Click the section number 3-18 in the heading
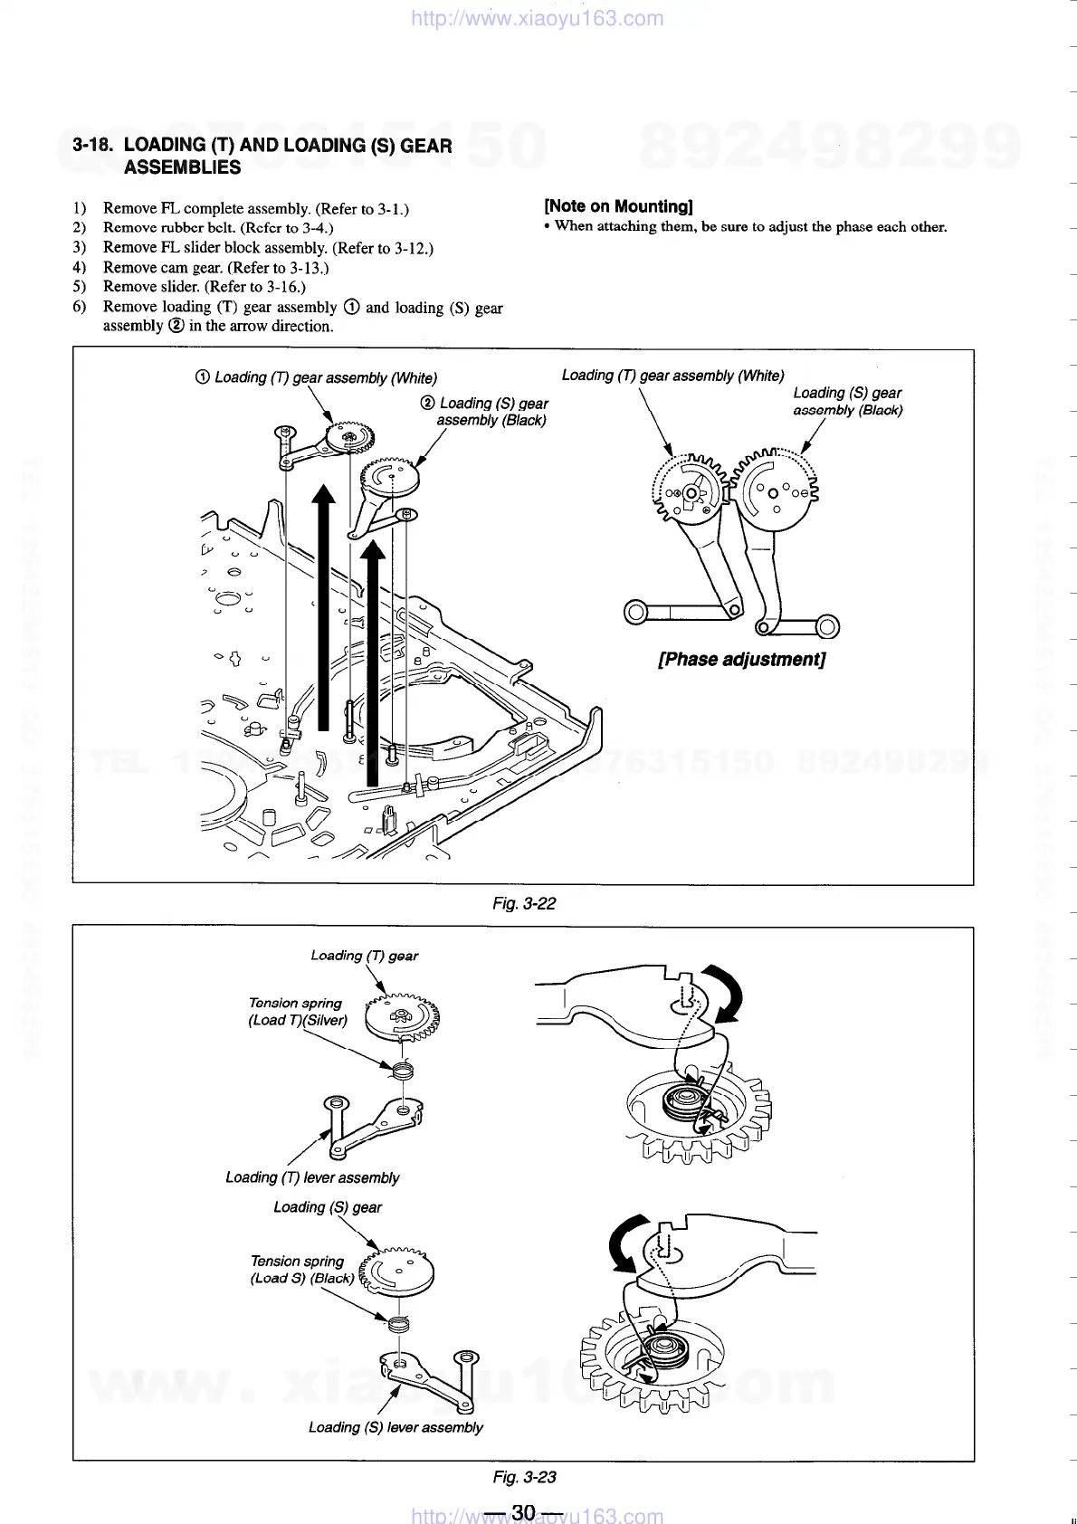pos(93,145)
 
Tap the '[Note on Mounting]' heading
pos(618,206)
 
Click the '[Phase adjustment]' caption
pos(741,659)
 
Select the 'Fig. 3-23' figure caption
pos(525,1477)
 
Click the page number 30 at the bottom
pos(524,1512)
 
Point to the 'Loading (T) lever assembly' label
pos(312,1177)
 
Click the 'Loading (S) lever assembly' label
pos(396,1427)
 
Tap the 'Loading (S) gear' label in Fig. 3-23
pos(328,1207)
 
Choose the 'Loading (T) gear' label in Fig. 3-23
pos(364,956)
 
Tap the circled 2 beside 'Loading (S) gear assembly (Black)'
pos(428,403)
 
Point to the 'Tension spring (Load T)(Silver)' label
pos(297,1012)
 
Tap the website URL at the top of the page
pos(537,18)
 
